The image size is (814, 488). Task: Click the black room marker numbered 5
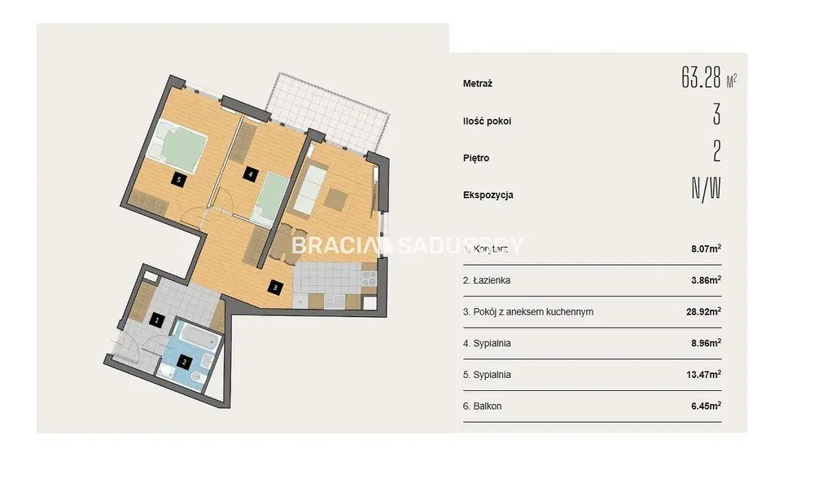178,180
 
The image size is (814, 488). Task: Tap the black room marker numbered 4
250,174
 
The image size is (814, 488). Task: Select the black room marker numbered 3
275,286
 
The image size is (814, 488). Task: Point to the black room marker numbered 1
157,320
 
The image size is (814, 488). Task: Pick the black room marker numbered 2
184,362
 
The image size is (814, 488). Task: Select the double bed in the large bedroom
177,145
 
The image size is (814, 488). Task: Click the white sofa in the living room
310,189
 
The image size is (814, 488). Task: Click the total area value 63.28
702,78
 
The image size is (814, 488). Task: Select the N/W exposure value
706,189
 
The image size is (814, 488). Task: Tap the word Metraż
478,83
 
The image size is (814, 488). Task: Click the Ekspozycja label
488,195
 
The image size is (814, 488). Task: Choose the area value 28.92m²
704,311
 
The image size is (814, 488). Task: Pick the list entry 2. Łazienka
487,280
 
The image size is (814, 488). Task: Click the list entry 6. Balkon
482,406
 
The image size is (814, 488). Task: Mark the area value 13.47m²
704,374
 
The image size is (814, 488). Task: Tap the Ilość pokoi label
487,121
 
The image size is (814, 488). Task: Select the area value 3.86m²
706,280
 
